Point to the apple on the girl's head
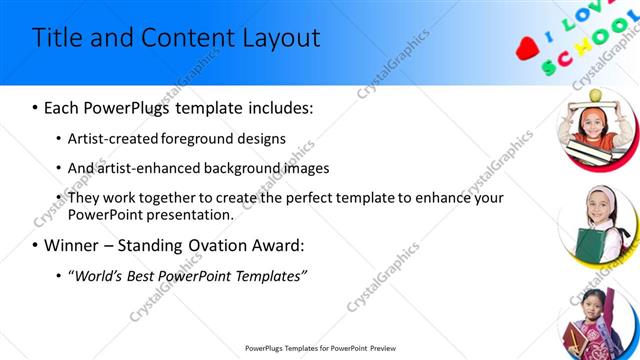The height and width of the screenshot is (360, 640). (596, 95)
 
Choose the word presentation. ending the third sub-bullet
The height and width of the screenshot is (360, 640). (191, 214)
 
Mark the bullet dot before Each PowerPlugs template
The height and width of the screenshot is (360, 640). (36, 107)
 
